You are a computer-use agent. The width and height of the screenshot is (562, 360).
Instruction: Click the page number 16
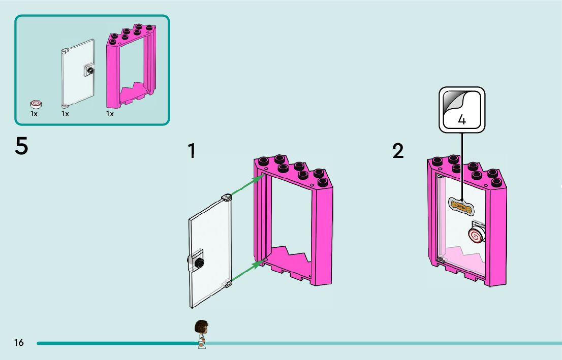tap(19, 343)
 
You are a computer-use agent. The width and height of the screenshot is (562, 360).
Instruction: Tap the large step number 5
tap(21, 146)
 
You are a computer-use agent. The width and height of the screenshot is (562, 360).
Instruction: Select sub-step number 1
tap(192, 151)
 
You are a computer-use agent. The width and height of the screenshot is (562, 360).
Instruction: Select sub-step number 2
tap(398, 151)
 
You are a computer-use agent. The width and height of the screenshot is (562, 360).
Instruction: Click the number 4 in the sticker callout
tap(461, 120)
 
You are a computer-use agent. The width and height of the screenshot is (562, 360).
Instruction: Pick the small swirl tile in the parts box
tap(36, 104)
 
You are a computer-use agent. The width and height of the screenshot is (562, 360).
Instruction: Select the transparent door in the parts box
tap(77, 74)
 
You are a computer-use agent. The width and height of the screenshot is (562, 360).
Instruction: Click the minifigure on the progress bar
tap(202, 334)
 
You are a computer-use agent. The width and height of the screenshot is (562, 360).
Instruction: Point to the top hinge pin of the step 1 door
tap(227, 197)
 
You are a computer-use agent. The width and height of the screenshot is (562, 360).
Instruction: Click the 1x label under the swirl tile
tap(34, 114)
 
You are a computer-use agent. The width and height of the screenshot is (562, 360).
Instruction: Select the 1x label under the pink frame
tap(110, 114)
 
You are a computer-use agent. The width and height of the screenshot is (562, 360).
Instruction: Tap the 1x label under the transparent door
tap(65, 114)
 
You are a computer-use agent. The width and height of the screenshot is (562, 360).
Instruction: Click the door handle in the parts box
tap(90, 71)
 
